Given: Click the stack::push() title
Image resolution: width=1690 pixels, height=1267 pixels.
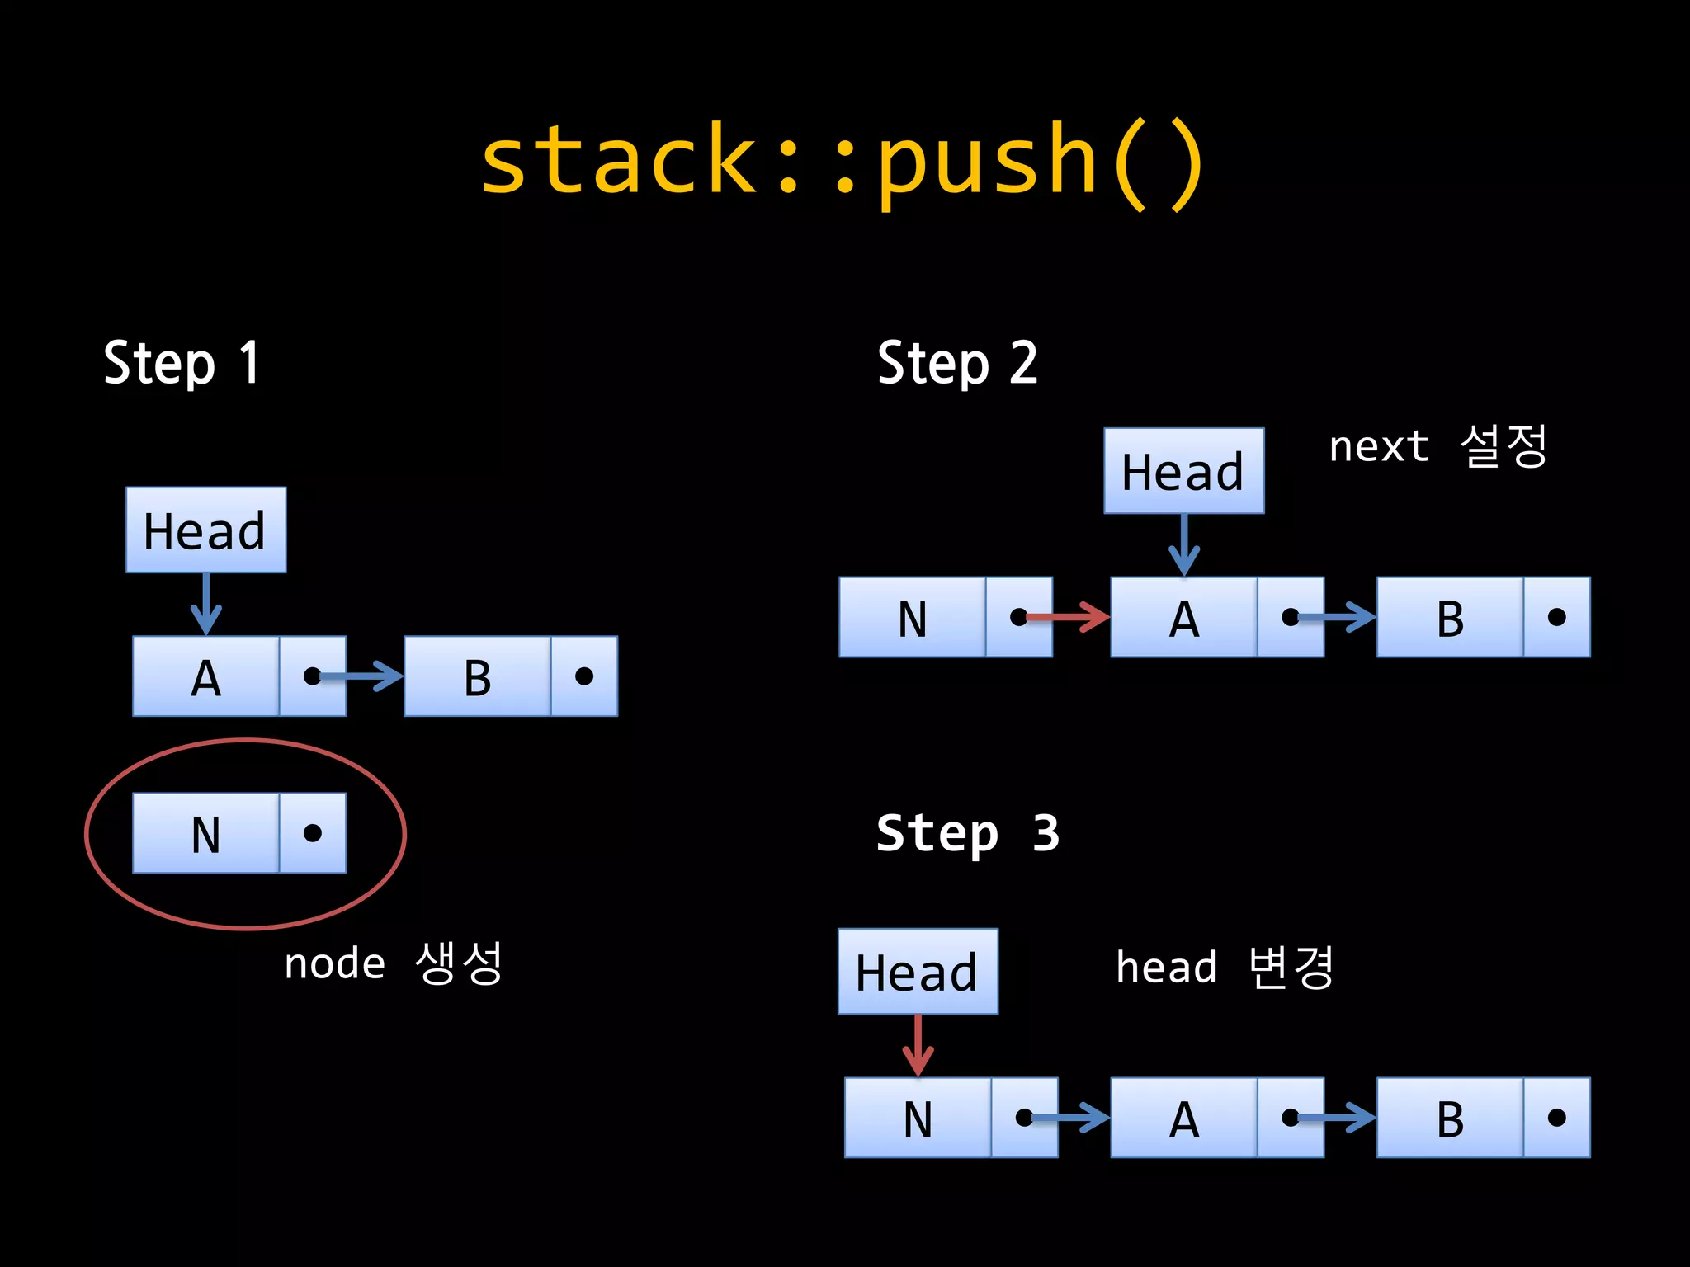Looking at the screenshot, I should pos(842,161).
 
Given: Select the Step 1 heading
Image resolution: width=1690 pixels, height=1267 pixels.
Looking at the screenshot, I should pos(182,363).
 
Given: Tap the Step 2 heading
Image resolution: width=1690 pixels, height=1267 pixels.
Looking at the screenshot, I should pos(957,363).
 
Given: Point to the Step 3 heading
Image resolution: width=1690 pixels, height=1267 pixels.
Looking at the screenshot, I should pos(967,833).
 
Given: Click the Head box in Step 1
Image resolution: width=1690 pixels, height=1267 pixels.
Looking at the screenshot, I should pos(205,530).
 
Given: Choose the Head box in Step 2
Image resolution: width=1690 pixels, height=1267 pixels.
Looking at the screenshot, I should pos(1183,471).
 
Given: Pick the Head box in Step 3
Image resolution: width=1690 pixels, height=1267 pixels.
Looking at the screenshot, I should pos(918,971).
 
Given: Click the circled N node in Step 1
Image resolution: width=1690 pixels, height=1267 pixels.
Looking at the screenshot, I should pos(239,833).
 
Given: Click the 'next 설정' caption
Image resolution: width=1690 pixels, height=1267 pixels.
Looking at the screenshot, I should pos(1437,446).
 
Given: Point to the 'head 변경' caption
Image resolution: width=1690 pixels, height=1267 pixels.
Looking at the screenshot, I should pos(1225,967).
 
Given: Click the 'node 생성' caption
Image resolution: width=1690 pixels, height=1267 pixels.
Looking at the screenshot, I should pos(393,963).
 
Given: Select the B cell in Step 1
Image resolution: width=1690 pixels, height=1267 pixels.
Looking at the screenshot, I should pos(477,676).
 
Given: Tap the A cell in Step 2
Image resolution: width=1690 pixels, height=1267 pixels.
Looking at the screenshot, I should pos(1183,617).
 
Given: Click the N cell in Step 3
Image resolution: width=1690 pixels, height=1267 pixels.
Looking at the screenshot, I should pos(918,1118).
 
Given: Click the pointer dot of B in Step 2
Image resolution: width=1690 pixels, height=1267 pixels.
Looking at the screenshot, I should pos(1556,617).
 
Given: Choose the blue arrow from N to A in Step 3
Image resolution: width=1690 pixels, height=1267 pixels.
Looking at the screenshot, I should pos(1069,1118).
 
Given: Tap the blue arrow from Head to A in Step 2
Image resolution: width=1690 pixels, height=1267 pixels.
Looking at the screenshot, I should pos(1184,544).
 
